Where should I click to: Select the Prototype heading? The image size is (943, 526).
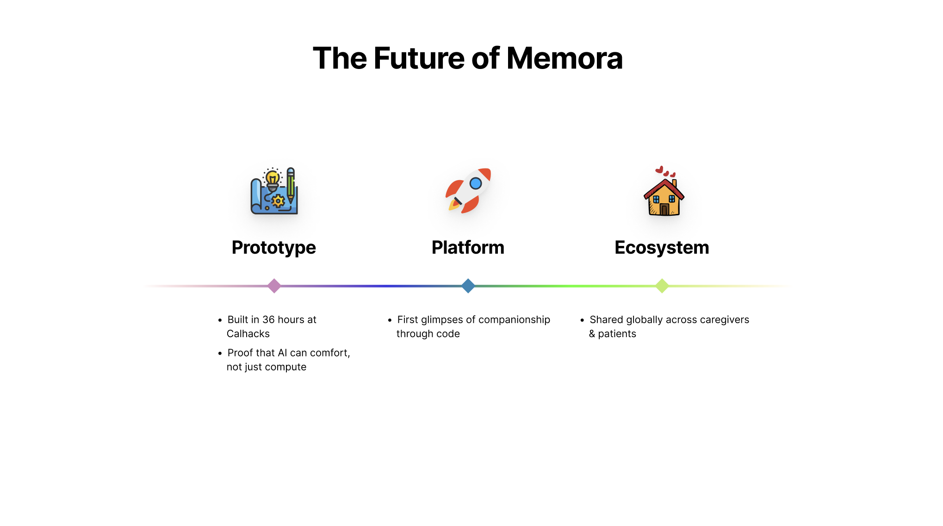tap(273, 248)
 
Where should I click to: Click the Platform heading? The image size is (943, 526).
tap(468, 248)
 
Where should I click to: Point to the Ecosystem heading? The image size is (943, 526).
tap(662, 248)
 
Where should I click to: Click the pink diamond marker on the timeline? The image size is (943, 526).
tap(274, 286)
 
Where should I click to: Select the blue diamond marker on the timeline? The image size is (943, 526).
tap(468, 286)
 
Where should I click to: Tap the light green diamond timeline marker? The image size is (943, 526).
tap(662, 286)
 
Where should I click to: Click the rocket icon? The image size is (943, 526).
tap(468, 190)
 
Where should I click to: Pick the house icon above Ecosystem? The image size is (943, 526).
tap(664, 197)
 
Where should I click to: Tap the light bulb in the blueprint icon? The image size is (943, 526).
tap(273, 178)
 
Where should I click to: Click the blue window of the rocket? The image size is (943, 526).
tap(476, 183)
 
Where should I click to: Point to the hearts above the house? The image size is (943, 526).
tap(665, 171)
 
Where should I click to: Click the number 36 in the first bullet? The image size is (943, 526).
tap(268, 319)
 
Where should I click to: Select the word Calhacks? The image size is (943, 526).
tap(248, 334)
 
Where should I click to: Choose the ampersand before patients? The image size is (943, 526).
tap(592, 334)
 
